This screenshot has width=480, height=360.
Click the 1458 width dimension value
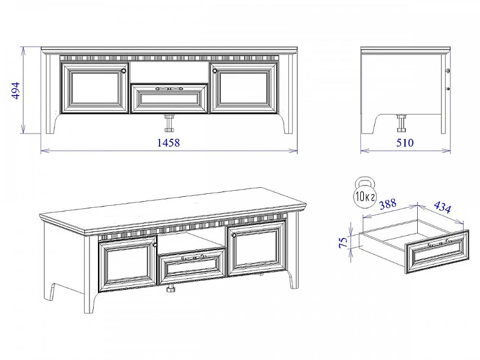point(169,143)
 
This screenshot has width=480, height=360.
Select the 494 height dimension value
point(15,90)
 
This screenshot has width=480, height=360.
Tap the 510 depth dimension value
point(404,143)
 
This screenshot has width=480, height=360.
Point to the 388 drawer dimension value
point(388,204)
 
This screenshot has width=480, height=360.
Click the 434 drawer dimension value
point(443,207)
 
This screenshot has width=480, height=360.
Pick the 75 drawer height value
point(344,242)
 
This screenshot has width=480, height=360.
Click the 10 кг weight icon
point(365,193)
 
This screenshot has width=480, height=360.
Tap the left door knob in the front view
point(124,71)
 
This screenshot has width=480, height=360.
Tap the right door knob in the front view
point(214,71)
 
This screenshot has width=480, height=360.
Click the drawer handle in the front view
point(169,89)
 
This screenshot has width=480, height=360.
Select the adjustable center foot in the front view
point(169,123)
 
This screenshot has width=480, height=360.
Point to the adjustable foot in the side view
point(401,123)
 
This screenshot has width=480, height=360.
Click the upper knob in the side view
point(449,71)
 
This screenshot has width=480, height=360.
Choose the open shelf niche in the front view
point(169,72)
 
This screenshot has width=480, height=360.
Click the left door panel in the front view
point(94,88)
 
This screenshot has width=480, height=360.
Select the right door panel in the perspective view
point(256,248)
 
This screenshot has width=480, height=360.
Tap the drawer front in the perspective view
point(192,266)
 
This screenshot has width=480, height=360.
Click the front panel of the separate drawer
point(437,251)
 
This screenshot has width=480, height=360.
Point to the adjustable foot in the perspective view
point(170,289)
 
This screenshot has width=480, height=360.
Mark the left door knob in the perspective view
point(155,245)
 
